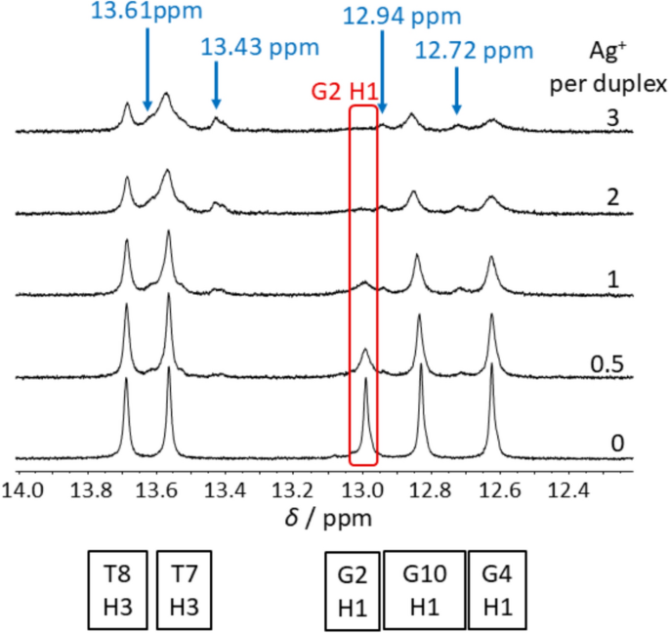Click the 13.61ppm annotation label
pyautogui.click(x=146, y=11)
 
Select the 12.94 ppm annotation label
pyautogui.click(x=401, y=17)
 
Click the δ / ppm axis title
pyautogui.click(x=326, y=515)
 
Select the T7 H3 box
pyautogui.click(x=184, y=590)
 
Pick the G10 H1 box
pyautogui.click(x=423, y=590)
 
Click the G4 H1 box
pyautogui.click(x=496, y=590)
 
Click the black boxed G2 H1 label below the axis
pyautogui.click(x=352, y=590)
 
